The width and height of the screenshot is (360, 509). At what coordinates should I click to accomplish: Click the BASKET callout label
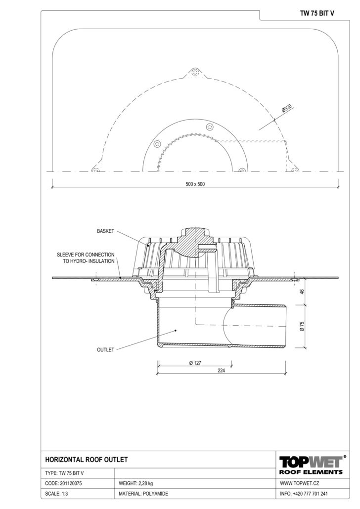coord(106,231)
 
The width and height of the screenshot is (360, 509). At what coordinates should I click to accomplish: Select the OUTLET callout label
coord(106,349)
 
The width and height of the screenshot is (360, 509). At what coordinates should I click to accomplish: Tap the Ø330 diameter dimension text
coord(287,108)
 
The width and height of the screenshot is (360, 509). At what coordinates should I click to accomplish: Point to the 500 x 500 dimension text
coord(195,184)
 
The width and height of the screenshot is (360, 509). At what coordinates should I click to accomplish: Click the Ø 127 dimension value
coord(195,363)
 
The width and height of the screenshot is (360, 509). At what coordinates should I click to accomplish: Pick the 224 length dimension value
coord(221,371)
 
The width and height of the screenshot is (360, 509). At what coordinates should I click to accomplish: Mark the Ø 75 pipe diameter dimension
coord(302,326)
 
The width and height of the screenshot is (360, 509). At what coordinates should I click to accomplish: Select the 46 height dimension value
coord(302,292)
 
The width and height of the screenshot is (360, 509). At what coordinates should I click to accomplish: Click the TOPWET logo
coord(311,465)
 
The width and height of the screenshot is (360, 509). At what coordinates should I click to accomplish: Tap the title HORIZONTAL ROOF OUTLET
coord(87,460)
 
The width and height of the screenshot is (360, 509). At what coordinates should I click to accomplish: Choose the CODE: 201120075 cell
coord(64,483)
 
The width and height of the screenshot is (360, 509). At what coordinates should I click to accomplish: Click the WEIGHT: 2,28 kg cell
coord(136,483)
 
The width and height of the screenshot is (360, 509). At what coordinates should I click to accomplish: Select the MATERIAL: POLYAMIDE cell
coord(143,494)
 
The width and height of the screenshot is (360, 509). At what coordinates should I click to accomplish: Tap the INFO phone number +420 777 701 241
coord(310,494)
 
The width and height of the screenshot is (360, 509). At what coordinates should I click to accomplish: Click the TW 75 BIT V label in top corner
coord(317,13)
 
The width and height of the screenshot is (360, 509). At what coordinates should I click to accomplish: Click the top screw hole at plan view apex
coord(195,72)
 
